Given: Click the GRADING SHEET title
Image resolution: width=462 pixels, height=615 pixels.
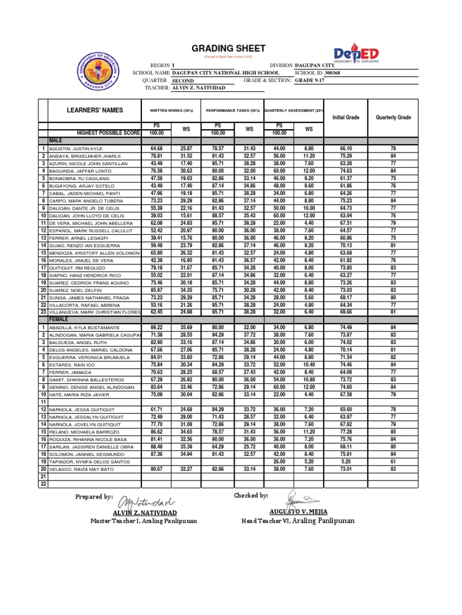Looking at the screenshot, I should [x=228, y=48].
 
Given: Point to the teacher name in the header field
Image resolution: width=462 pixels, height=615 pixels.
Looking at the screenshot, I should [x=199, y=88].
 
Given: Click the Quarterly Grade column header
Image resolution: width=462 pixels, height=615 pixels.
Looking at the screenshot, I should [x=393, y=117].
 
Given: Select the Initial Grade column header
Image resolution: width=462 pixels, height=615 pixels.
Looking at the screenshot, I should [x=345, y=117].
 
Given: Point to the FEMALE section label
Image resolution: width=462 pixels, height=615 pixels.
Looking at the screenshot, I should [x=59, y=320].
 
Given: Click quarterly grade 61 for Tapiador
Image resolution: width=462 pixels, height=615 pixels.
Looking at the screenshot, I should [x=393, y=461].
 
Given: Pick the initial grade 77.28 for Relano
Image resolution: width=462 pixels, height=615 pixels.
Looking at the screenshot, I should [x=345, y=431].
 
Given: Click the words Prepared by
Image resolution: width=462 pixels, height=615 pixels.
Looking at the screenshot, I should [x=94, y=497].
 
